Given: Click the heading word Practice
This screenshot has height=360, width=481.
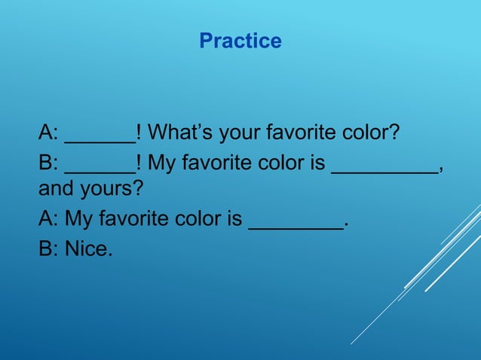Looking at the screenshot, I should tap(240, 41).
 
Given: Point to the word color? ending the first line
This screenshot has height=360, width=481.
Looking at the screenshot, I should tap(369, 134).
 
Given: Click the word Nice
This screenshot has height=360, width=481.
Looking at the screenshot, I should tap(89, 248).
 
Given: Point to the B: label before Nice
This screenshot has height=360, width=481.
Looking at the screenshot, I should tap(49, 248).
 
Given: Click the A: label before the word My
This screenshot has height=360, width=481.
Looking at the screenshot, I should tap(49, 219).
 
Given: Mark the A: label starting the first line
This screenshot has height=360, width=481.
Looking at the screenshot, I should tap(49, 133).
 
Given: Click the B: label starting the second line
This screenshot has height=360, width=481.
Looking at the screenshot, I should tap(49, 162).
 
